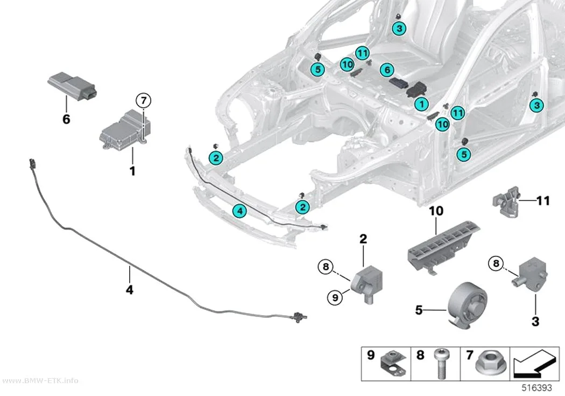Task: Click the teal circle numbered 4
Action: tap(239, 211)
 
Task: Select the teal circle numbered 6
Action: tap(387, 70)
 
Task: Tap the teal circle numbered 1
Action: tap(421, 104)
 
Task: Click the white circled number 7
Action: tap(144, 100)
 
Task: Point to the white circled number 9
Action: tap(335, 297)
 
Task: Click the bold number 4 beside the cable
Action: tap(129, 289)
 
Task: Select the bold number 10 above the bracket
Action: tap(436, 211)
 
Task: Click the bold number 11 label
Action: tap(543, 200)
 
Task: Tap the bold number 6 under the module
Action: tap(66, 119)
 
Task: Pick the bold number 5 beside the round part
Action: tap(419, 310)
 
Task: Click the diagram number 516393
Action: tap(537, 388)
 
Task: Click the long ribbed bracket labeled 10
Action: tap(443, 246)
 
